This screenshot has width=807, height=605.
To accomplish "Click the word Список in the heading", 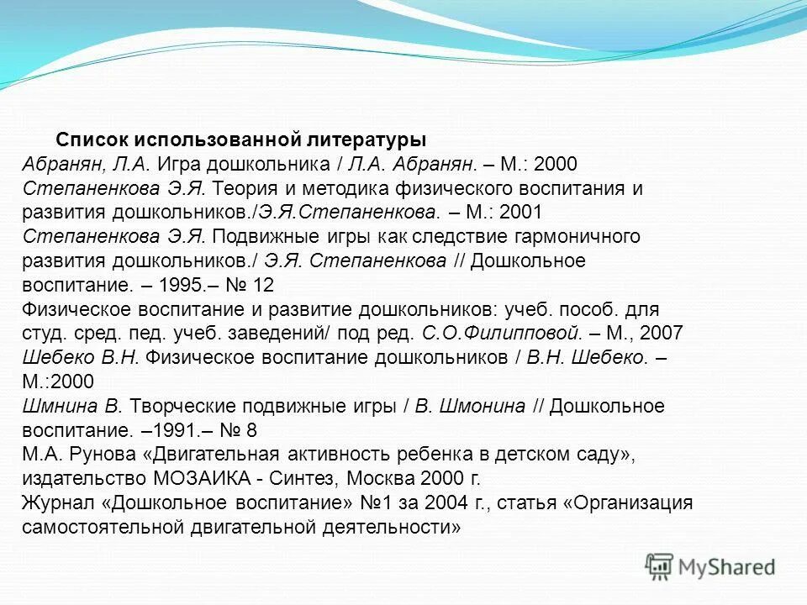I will (90, 139).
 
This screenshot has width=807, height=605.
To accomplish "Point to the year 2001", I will (520, 213).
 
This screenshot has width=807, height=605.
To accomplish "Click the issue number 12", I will (263, 285).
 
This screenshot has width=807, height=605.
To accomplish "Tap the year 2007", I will (662, 334).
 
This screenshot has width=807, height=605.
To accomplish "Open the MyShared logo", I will (710, 566).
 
